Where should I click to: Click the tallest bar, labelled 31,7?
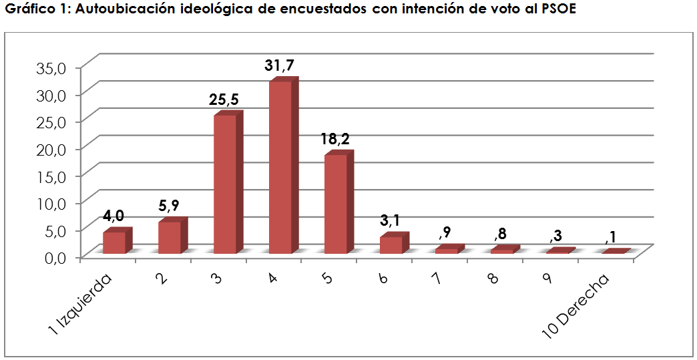[x=280, y=167]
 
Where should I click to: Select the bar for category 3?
[x=225, y=184]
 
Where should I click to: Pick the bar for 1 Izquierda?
[x=114, y=242]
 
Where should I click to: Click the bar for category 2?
[x=170, y=237]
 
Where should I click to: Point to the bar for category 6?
[x=391, y=244]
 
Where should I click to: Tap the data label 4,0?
[x=113, y=216]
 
